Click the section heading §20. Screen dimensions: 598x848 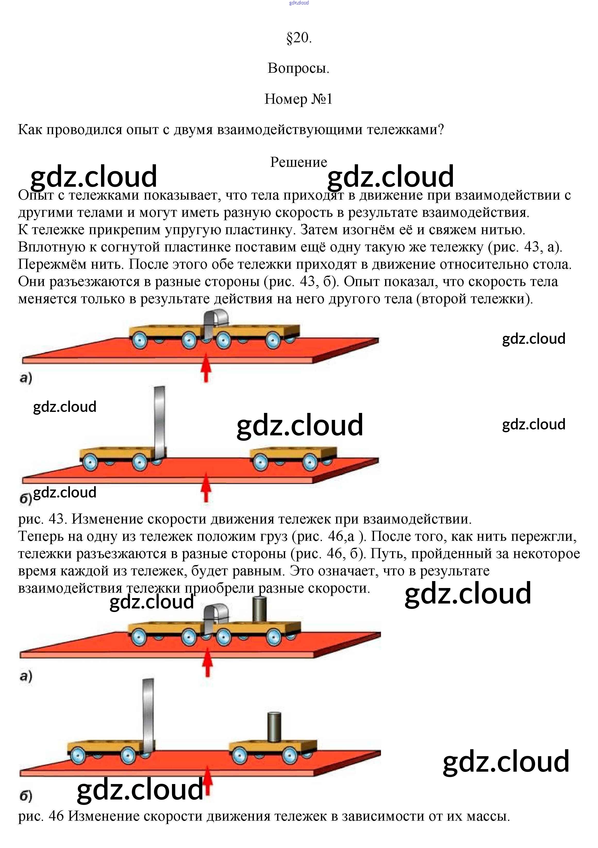pos(299,38)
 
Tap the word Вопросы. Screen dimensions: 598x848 pos(298,68)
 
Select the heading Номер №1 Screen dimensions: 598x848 pos(298,99)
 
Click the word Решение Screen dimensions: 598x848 pos(298,162)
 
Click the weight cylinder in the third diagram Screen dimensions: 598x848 pos(259,609)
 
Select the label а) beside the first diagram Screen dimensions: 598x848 pos(26,378)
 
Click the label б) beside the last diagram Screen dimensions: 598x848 pos(26,796)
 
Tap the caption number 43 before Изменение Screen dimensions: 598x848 pos(57,519)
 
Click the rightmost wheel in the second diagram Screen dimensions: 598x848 pos(310,462)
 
